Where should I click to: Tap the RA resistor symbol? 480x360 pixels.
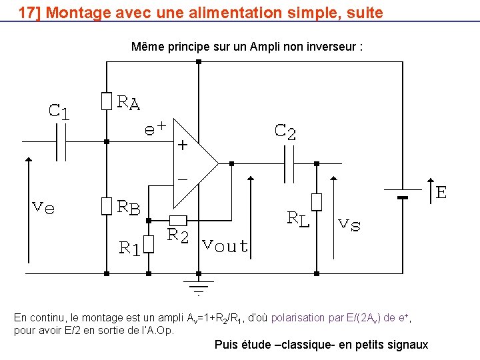point(106,101)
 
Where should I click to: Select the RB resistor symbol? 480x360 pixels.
point(106,206)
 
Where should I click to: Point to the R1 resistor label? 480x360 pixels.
point(129,248)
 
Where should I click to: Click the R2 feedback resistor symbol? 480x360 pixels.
point(178,220)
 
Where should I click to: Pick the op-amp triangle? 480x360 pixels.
point(194,163)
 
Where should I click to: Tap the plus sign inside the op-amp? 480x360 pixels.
point(181,145)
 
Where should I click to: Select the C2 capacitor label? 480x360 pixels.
point(285,131)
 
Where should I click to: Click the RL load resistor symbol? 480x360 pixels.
point(317,201)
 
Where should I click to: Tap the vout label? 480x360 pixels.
point(225,245)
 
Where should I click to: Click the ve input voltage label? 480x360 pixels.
point(44,207)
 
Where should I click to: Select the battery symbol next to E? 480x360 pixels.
point(402,194)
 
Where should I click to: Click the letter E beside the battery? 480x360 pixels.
point(441,193)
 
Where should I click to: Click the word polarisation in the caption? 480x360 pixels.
point(298,317)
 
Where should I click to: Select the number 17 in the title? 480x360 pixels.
point(26,12)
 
